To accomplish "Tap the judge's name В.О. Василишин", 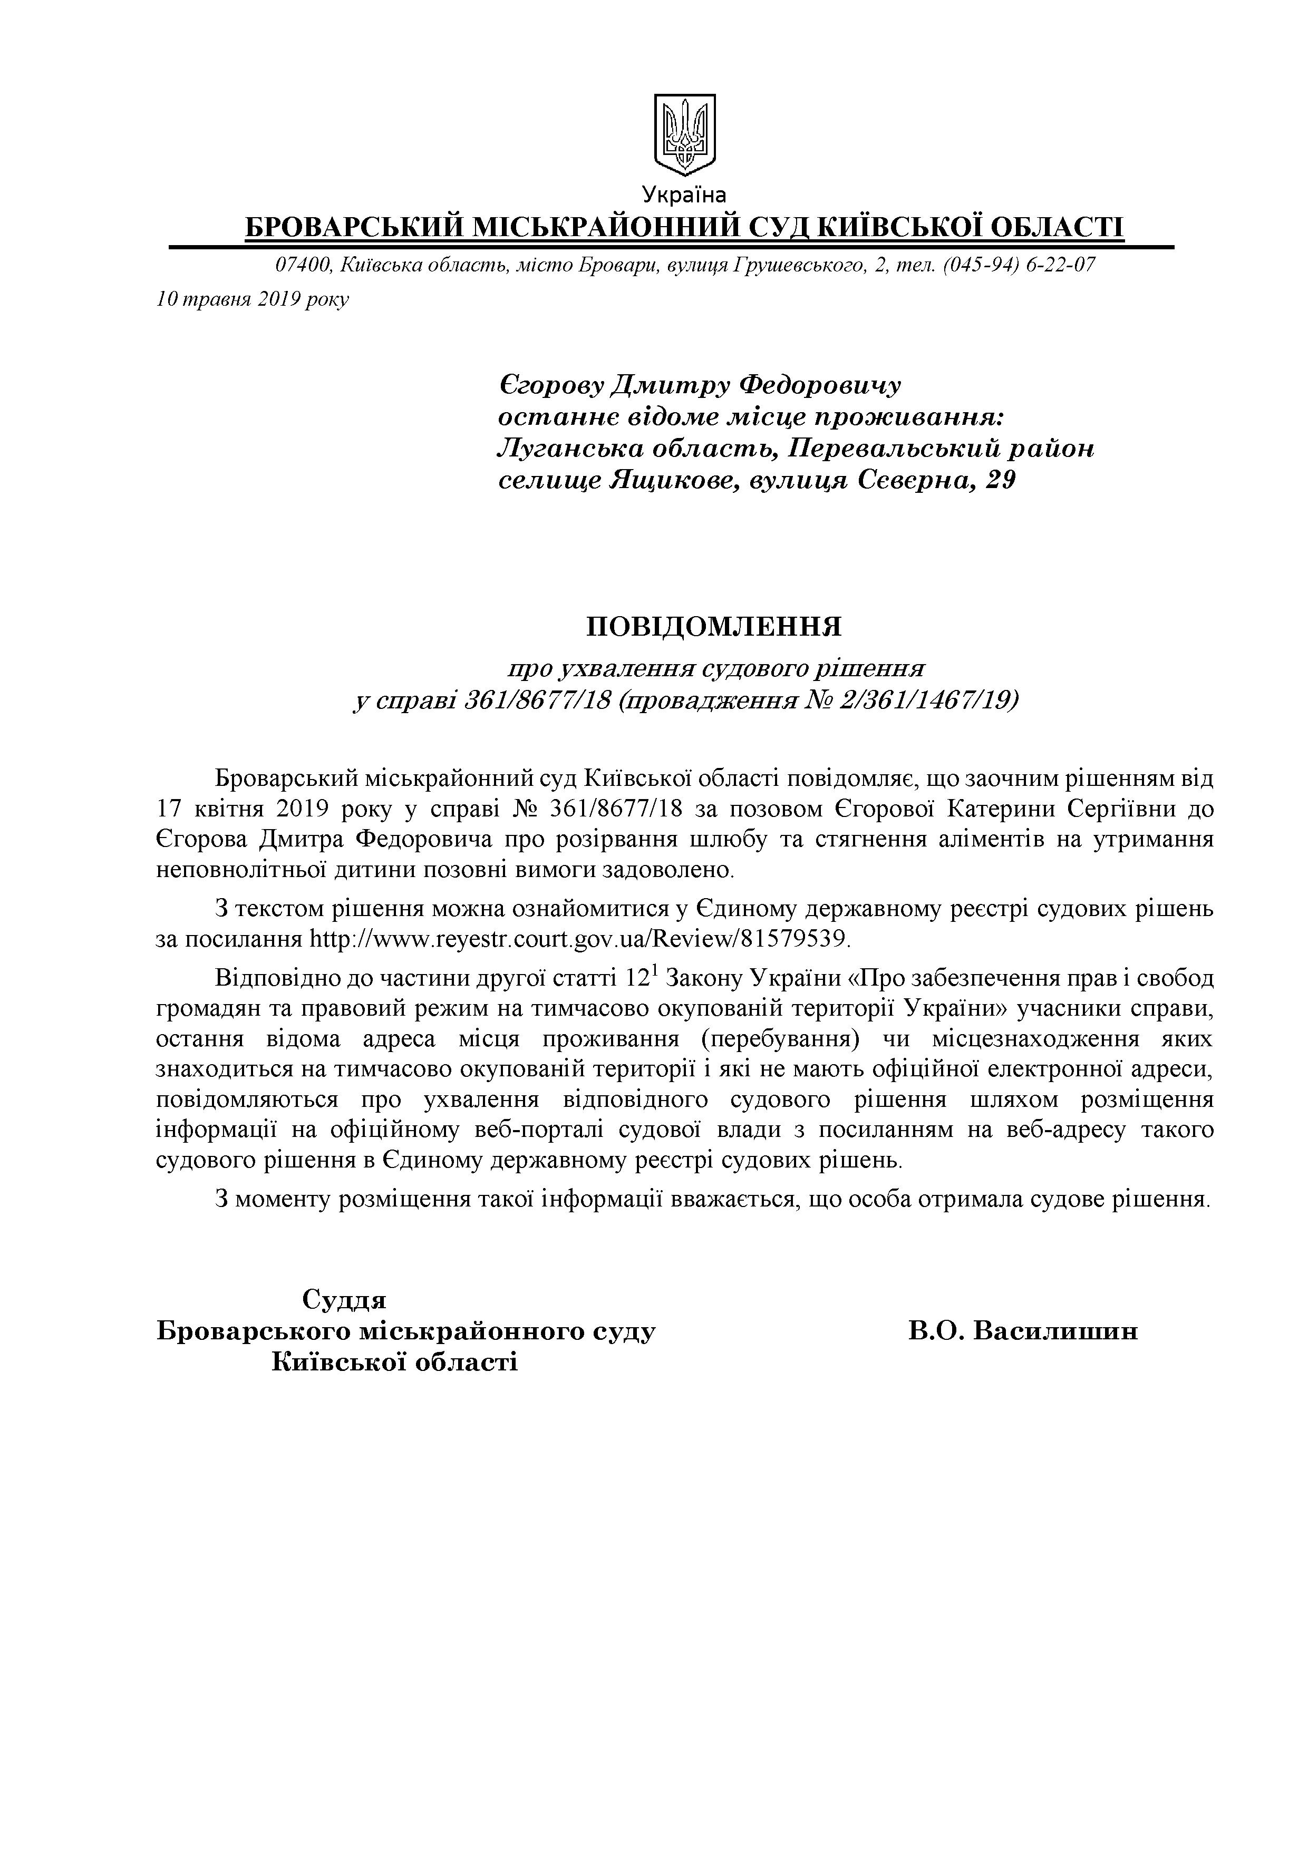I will coord(1023,1330).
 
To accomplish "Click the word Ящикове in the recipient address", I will coord(673,481).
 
